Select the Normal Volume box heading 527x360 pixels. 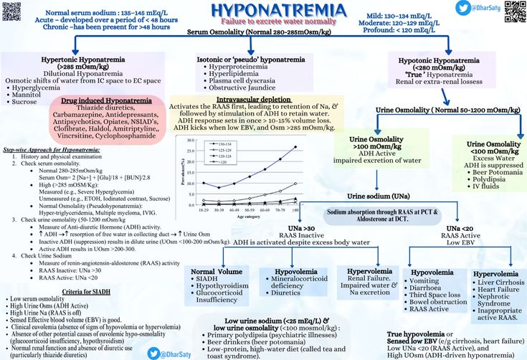[x=215, y=272]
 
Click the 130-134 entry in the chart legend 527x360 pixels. [x=219, y=144]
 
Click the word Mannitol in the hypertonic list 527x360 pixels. [x=28, y=94]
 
